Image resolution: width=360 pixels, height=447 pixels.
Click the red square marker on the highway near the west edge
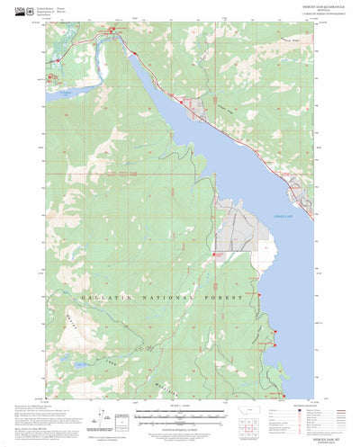tap(60, 59)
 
